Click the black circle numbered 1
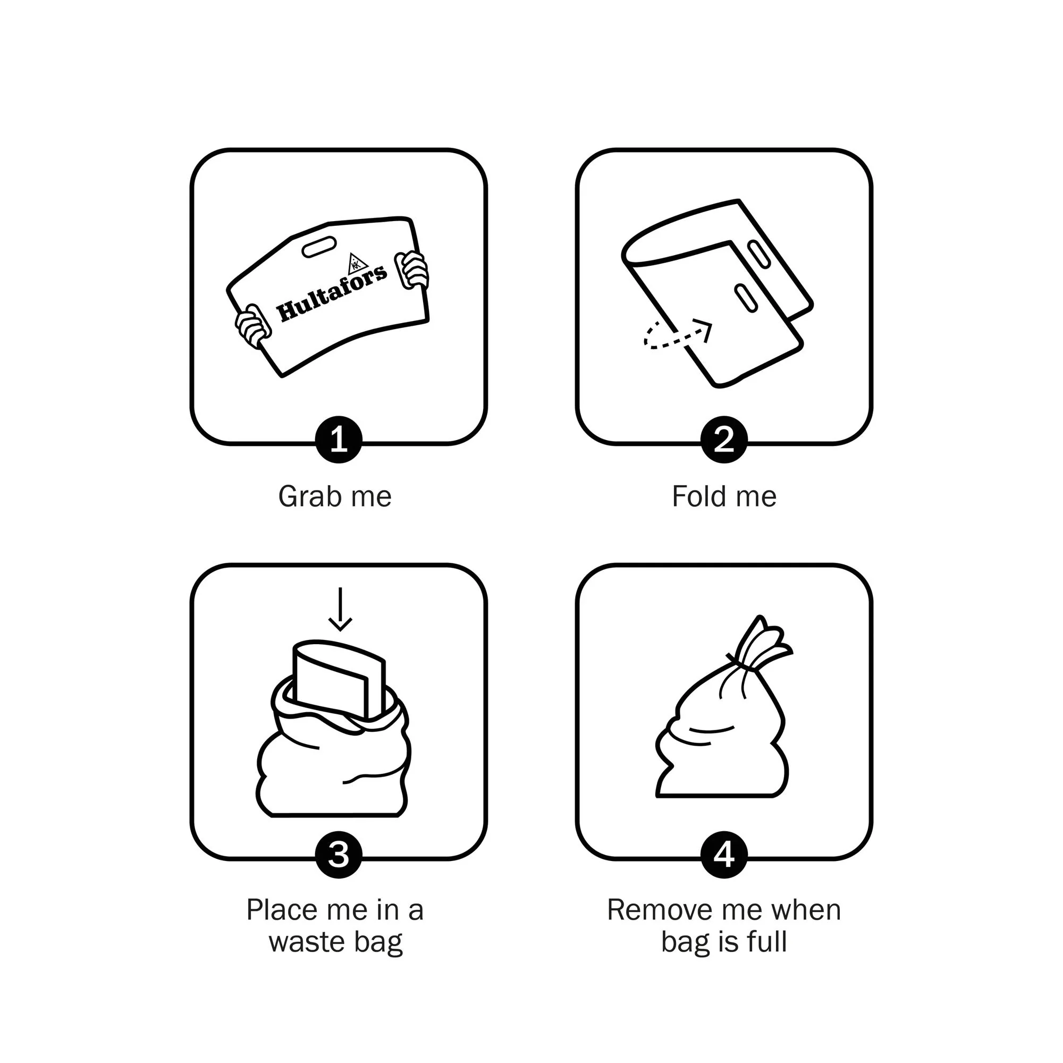click(339, 439)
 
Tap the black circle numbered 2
click(723, 439)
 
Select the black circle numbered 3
click(339, 855)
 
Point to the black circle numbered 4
click(723, 855)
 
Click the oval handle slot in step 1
click(319, 247)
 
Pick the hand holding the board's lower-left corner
click(253, 327)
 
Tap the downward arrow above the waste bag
click(340, 609)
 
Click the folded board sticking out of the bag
click(339, 679)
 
